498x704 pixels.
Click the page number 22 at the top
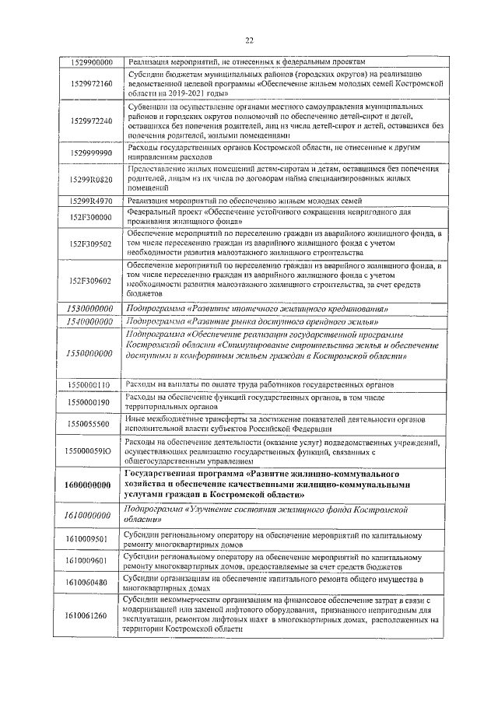tap(249, 40)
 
